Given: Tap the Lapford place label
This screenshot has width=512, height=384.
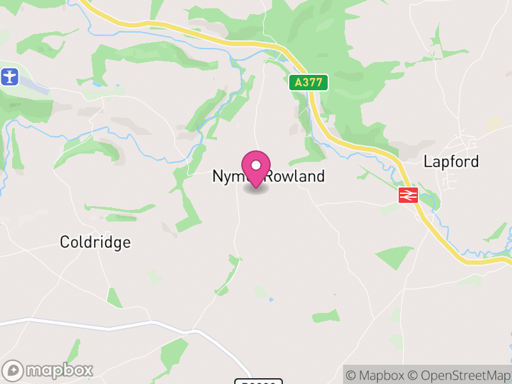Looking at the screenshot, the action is pos(451,161).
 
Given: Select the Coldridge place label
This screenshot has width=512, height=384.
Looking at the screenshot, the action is pos(95,242).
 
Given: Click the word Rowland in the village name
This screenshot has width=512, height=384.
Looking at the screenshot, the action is pos(296,177).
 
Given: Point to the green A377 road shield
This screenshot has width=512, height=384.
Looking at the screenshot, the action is pos(308,83).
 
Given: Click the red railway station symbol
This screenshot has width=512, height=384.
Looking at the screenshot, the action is pos(408,195).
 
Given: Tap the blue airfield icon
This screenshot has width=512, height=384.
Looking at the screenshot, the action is pos(9,77).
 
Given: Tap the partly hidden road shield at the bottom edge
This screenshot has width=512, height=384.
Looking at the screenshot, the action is pos(259,381).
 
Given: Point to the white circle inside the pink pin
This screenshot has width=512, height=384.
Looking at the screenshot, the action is pos(256,165).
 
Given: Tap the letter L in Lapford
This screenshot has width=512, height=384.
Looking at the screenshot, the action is pos(428,161).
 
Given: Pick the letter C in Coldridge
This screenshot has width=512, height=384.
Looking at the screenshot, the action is pos(64,242).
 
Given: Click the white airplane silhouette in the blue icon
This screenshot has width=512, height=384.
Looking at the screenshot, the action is pos(9,77).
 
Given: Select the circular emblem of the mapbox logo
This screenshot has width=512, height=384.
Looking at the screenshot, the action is pos(14,370).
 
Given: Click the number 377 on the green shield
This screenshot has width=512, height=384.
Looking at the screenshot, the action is pos(312,83).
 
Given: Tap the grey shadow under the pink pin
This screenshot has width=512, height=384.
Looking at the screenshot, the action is pos(256,189).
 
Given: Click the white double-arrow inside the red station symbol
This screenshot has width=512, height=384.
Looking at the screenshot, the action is pos(408,195).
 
